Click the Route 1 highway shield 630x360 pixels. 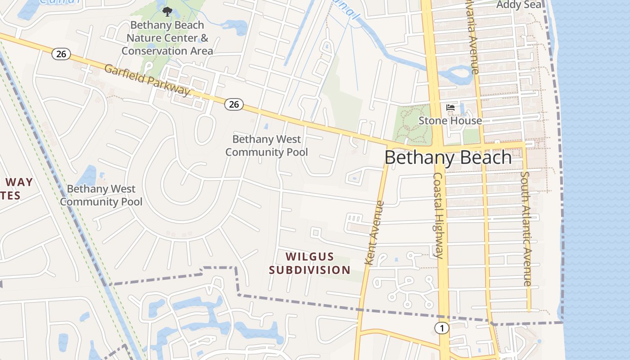pos(442,328)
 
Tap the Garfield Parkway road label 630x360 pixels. pos(147,80)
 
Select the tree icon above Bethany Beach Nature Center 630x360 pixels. pos(167,12)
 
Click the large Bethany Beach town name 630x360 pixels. pos(448,157)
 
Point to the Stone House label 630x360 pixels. pos(450,121)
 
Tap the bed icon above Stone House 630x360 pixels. pos(450,108)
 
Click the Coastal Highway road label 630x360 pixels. pos(439,216)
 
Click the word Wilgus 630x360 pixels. pos(310,257)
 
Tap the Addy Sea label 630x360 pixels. pos(518,5)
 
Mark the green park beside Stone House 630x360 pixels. pos(412,124)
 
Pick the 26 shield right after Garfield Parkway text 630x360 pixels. pos(234,104)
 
